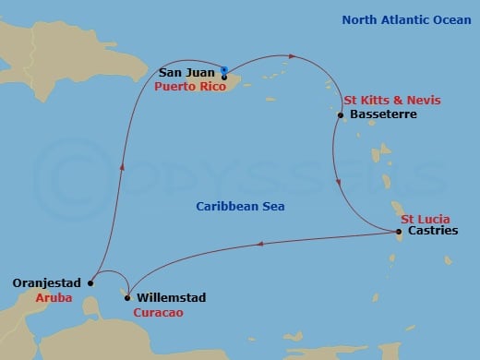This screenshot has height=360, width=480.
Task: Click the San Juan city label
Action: click(188, 69)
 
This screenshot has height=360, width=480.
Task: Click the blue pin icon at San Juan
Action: click(225, 66)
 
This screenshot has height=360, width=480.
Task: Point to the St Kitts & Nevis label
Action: click(391, 100)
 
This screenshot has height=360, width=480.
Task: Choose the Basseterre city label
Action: click(383, 114)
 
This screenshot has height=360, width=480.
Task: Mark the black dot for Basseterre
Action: click(343, 114)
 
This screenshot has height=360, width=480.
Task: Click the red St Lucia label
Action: click(425, 219)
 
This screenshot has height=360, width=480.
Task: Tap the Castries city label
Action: click(431, 232)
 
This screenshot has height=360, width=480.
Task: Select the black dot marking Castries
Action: click(399, 232)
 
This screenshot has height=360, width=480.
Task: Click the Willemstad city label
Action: click(171, 298)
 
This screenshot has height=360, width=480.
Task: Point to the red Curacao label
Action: click(158, 314)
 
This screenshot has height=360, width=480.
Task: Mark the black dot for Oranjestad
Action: click(90, 283)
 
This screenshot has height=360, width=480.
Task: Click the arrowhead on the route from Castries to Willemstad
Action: click(261, 244)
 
